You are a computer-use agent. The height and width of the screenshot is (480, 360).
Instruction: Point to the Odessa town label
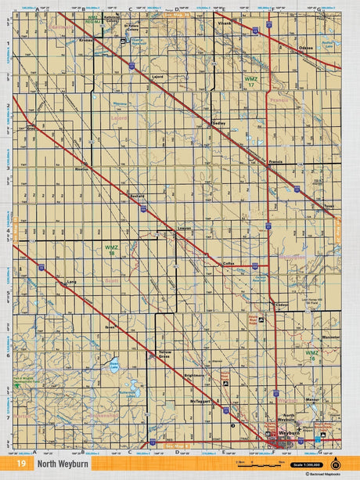(x=305, y=49)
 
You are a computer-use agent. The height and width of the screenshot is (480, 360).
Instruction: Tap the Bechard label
(x=138, y=196)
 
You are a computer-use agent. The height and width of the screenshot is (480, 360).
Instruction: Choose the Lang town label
(x=71, y=282)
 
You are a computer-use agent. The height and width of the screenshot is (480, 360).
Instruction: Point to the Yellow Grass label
(x=164, y=354)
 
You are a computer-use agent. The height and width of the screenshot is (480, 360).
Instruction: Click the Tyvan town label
(x=328, y=206)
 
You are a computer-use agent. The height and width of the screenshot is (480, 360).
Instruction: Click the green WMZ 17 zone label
(x=250, y=81)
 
